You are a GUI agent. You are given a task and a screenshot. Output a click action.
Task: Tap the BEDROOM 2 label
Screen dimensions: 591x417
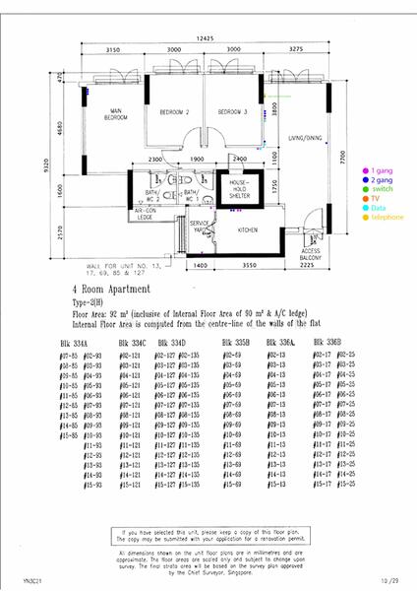click(x=174, y=113)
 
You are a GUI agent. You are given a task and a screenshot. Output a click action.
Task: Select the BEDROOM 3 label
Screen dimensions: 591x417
click(x=231, y=113)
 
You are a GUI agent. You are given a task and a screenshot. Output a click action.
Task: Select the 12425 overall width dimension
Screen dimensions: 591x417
click(x=205, y=37)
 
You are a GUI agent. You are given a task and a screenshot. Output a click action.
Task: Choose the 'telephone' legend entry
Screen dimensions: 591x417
click(x=384, y=217)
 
